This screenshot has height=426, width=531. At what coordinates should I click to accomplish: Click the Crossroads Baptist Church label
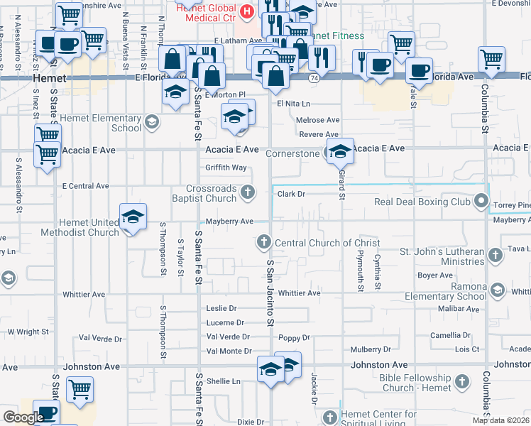pos(211,194)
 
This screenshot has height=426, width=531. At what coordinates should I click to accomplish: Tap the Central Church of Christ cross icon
pos(264,243)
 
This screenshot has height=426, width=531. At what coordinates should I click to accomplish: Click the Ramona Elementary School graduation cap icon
pos(498,290)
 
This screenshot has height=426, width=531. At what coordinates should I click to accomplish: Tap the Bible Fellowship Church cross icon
pos(461,383)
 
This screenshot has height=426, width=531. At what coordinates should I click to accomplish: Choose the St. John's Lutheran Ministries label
pos(442,256)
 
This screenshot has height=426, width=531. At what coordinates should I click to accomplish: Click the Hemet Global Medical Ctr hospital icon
pos(246,11)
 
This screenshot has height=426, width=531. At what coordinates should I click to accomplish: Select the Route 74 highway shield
pos(313,84)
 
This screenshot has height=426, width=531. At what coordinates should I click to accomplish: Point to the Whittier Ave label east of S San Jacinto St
pos(300,293)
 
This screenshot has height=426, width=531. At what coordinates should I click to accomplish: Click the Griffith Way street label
pos(226,168)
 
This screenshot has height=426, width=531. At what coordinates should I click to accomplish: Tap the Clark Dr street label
pos(291,194)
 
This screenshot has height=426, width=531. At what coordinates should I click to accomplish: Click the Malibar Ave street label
pos(459,309)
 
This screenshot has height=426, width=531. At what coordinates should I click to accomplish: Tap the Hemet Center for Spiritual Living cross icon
pos(329,417)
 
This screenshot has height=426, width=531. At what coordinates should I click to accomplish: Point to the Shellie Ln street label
pos(223,381)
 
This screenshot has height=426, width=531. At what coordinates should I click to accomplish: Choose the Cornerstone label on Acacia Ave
pos(293,153)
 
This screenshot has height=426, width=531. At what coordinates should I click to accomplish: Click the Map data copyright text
pos(499,420)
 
